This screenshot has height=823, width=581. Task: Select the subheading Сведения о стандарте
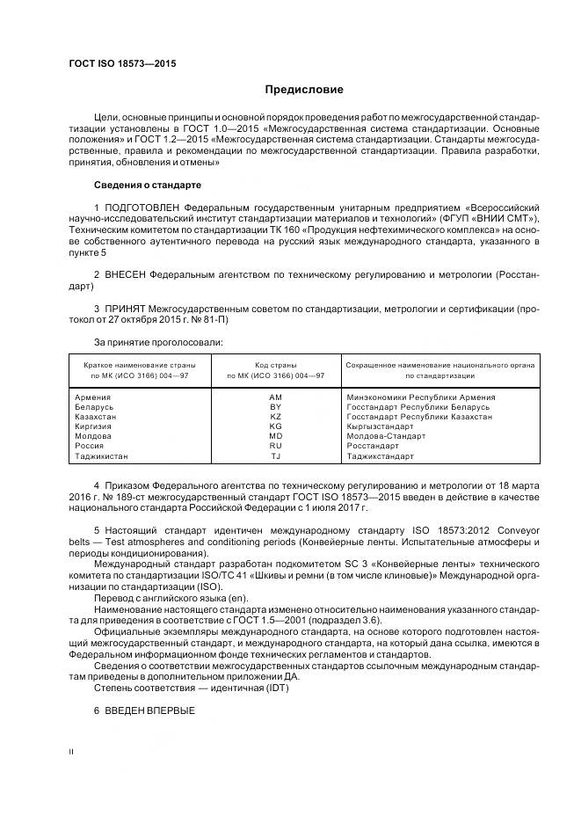pos(147,186)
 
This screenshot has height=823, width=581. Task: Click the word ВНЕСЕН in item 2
pos(127,275)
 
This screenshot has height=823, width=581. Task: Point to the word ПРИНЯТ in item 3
pos(127,310)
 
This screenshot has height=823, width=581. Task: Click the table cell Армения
pos(94,397)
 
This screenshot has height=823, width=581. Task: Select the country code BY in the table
pos(275,407)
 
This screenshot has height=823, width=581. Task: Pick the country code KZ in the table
pos(275,417)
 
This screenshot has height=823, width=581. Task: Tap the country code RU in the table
pos(275,446)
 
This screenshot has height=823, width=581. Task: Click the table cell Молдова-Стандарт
pos(386,436)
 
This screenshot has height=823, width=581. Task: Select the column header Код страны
pos(275,364)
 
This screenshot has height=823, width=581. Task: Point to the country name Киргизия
pos(95,426)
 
